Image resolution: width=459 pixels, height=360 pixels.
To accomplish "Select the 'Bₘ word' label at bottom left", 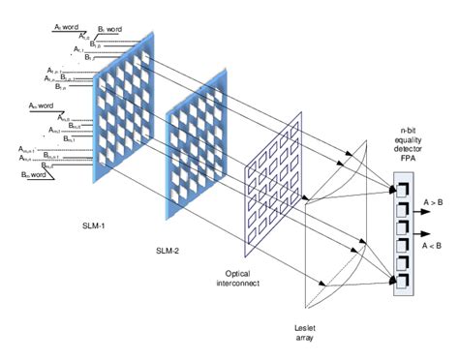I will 38,173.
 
